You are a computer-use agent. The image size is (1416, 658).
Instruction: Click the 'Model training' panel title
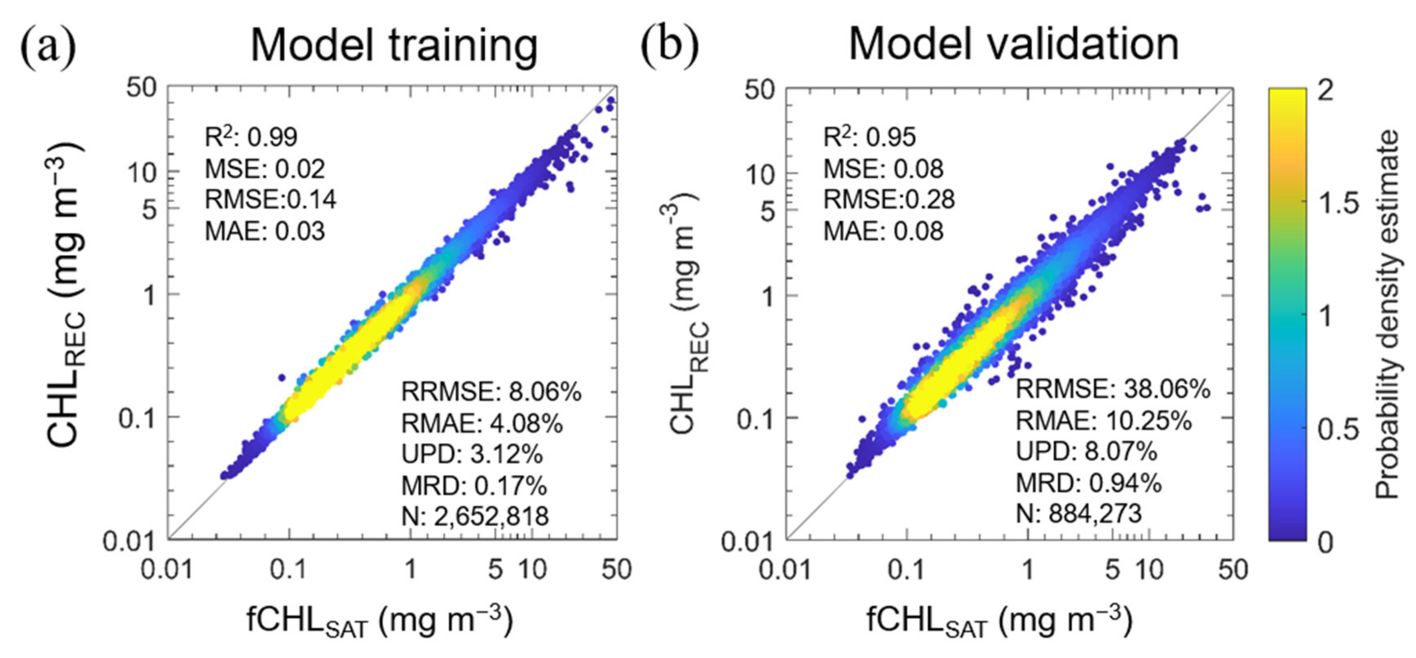pos(394,45)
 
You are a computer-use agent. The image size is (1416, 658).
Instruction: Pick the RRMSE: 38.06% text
pos(1113,389)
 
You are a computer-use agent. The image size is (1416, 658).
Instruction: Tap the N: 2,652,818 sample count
pos(475,516)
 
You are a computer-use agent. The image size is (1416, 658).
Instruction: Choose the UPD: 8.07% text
pos(1086,452)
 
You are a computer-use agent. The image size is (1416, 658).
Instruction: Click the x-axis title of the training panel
pos(379,621)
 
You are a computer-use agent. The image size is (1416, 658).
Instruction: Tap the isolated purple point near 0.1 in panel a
pos(282,378)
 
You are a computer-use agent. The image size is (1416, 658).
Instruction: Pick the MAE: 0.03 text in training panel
pos(265,231)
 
